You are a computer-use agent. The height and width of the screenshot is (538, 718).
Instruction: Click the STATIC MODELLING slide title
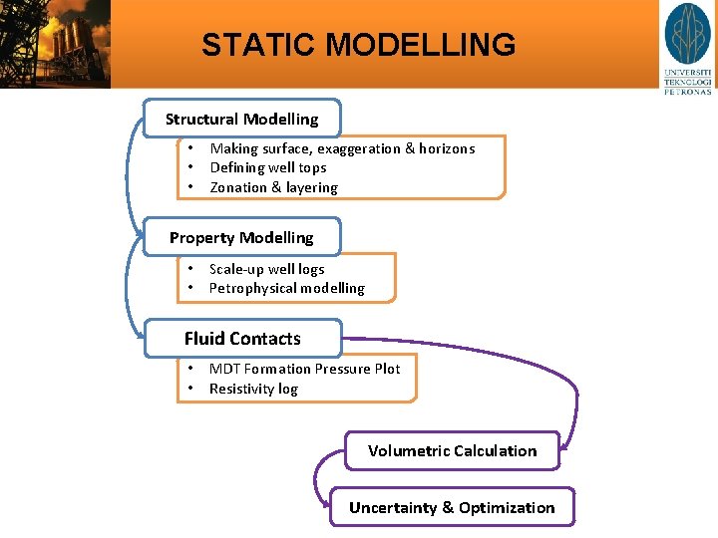358,45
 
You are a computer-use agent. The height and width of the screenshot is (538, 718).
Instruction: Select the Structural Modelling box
242,119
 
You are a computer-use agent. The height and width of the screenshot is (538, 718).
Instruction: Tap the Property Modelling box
241,237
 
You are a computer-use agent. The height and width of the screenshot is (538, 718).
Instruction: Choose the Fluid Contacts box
242,339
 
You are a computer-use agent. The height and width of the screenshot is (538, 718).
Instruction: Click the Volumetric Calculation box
452,450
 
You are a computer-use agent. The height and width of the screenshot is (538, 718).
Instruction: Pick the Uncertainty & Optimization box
452,507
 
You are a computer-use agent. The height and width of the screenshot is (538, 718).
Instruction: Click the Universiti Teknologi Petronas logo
688,48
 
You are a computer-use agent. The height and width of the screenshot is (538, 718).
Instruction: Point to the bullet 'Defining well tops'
267,167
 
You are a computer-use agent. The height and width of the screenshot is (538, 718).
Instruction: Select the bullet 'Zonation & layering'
273,187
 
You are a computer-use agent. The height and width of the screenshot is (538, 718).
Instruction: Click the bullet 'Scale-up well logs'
266,269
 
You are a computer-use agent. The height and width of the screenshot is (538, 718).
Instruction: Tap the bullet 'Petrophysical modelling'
286,288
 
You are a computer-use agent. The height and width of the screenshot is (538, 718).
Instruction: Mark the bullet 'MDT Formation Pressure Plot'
304,369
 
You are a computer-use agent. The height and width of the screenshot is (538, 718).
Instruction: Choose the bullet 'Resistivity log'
253,389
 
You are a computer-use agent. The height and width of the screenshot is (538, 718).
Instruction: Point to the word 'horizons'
446,148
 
